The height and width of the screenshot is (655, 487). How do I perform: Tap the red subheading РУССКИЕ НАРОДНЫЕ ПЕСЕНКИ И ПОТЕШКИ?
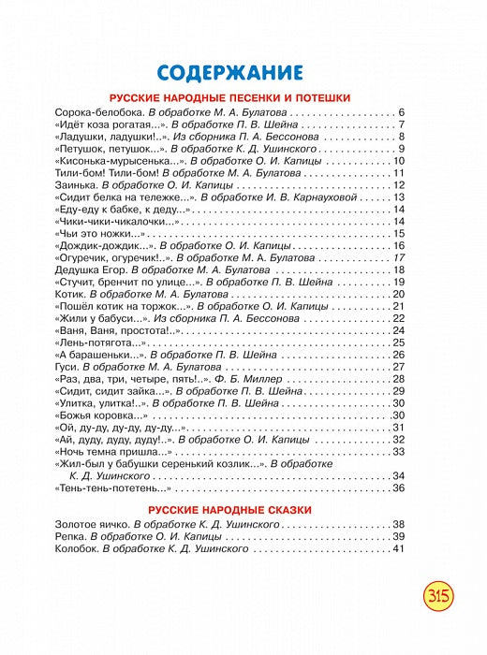229,97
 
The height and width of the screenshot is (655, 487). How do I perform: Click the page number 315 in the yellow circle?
439,595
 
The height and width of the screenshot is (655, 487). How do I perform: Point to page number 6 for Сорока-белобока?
400,112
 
